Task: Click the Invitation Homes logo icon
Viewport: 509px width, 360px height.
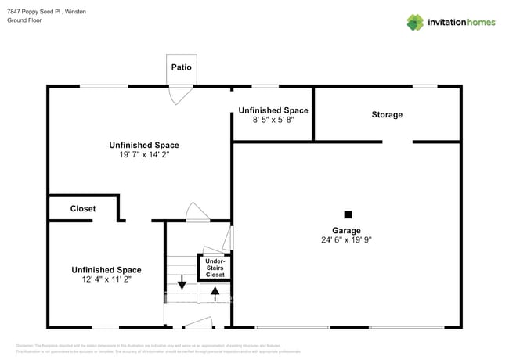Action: pos(415,22)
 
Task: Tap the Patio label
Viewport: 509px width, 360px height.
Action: pos(182,67)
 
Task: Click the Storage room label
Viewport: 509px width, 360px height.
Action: pos(387,114)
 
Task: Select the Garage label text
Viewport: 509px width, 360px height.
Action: pos(346,230)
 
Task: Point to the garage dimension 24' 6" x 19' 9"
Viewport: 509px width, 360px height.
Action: pos(346,240)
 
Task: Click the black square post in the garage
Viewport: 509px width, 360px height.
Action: pos(348,214)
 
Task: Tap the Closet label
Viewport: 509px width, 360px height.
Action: pos(83,209)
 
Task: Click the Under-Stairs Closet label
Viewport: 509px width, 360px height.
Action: pos(215,268)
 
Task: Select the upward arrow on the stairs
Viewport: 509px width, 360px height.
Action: pos(215,293)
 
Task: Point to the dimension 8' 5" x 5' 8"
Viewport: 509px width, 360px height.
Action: pos(273,120)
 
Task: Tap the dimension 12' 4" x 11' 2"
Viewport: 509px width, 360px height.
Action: pos(106,279)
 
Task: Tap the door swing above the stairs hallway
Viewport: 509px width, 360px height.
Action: pos(197,212)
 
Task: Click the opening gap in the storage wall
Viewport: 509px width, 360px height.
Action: pos(397,142)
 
